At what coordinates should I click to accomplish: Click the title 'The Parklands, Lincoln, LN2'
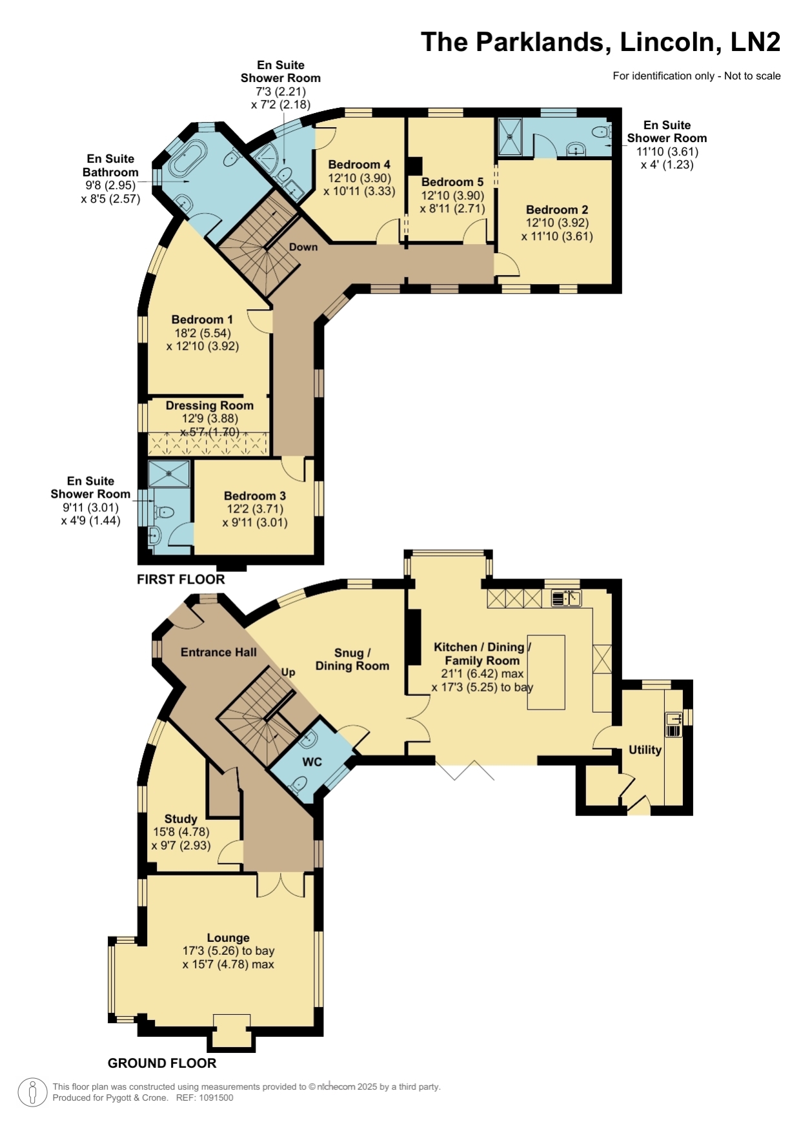600,43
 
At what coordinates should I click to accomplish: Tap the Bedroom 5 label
452,182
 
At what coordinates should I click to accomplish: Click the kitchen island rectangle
546,672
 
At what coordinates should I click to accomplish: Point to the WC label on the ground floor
312,762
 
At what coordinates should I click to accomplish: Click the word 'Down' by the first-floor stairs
303,247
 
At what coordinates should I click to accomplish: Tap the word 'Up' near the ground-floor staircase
288,672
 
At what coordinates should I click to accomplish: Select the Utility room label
645,750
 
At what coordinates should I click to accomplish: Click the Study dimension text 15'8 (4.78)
181,832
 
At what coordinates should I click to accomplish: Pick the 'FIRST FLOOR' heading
181,579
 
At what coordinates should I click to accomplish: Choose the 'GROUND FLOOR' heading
162,1063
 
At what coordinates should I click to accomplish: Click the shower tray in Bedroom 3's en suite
169,473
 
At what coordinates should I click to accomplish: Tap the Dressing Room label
210,405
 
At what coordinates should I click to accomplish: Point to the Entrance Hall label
219,652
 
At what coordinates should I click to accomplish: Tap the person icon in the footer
32,1092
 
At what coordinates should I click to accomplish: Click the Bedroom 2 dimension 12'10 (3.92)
557,223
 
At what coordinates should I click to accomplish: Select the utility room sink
673,724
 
